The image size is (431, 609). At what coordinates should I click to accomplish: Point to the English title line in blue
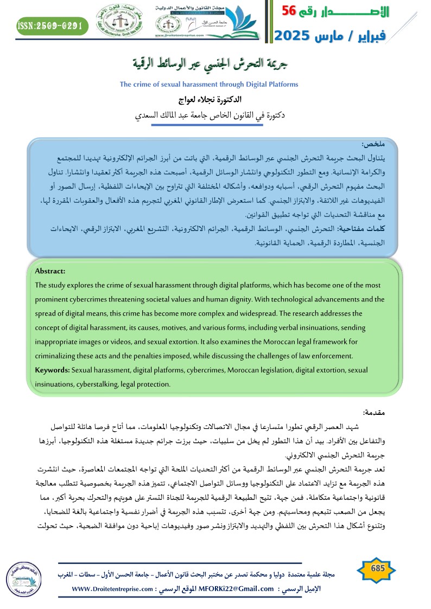[209, 85]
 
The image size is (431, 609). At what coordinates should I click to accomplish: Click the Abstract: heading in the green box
[50, 271]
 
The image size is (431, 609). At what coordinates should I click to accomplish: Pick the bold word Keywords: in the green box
[52, 370]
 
